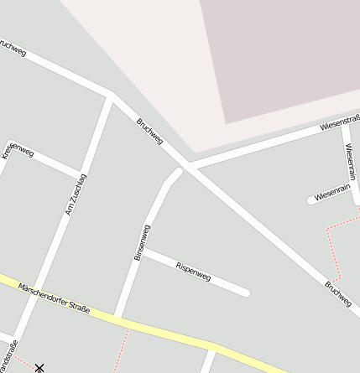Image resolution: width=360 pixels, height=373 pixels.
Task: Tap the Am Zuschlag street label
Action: point(76,194)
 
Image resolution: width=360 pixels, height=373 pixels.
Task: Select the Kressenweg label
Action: point(18,149)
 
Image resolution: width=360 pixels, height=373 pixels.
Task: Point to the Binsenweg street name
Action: point(142,242)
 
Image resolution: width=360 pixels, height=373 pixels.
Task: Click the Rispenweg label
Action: point(193,271)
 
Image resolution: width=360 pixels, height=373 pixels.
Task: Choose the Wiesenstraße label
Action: point(340,125)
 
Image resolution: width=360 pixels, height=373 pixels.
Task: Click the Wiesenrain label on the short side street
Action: point(331,193)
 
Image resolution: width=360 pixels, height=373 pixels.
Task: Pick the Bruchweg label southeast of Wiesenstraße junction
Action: point(337,293)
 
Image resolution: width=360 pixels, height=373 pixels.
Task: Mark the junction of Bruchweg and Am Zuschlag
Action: point(112,96)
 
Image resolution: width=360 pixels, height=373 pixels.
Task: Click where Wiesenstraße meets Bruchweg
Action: point(191,167)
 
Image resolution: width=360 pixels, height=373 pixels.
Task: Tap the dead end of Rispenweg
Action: point(246,293)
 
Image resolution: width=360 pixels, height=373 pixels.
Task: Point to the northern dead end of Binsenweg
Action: point(178,173)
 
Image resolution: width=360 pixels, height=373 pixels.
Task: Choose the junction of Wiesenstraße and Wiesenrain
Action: point(344,123)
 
